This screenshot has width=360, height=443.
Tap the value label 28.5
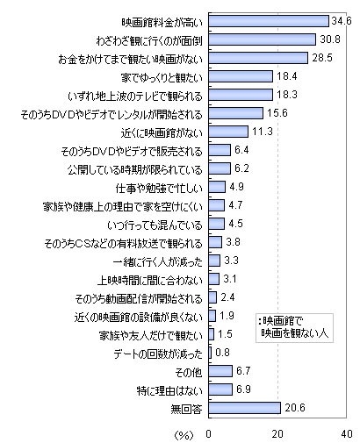pyautogui.click(x=322, y=57)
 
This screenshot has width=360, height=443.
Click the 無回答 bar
pyautogui.click(x=244, y=407)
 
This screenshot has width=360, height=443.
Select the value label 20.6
pyautogui.click(x=295, y=407)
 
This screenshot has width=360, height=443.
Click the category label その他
pyautogui.click(x=191, y=370)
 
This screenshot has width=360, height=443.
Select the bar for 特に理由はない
pyautogui.click(x=221, y=389)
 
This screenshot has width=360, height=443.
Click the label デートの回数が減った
pyautogui.click(x=158, y=352)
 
